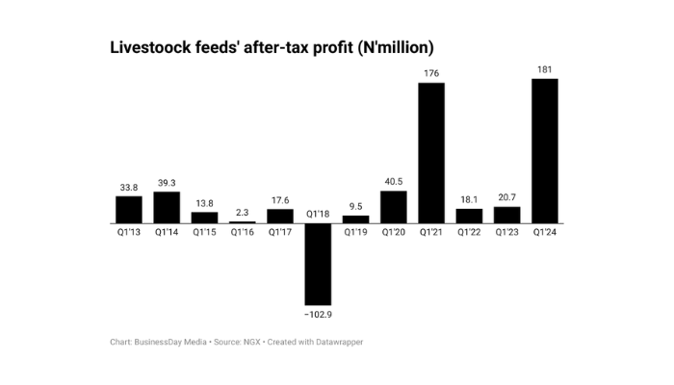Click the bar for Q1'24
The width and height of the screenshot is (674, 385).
coord(545,150)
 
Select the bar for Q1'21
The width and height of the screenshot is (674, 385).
coord(431,153)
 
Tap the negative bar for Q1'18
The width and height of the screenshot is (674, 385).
coord(318,264)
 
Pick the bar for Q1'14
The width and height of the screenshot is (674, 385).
coord(167,207)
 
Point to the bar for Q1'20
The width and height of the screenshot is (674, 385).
coord(394,207)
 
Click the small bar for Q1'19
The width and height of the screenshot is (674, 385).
coord(356,219)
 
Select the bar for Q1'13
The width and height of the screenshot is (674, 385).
coord(129,210)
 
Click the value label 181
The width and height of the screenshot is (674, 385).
coord(545,68)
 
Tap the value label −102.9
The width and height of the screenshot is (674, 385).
coord(318,315)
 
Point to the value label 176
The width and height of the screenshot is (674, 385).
coord(431,73)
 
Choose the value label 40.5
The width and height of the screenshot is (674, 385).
coord(394,181)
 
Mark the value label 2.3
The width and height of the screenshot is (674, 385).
coord(243,212)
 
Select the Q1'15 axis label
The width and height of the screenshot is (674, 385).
coord(204,233)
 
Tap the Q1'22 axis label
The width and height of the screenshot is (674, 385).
coord(470,233)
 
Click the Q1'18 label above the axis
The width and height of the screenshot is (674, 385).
coord(318,214)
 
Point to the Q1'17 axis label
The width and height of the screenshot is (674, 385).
coord(280,233)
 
